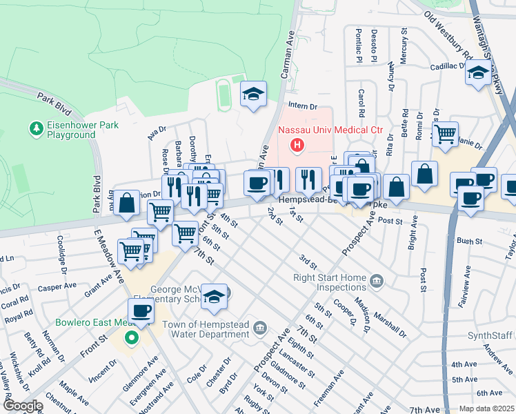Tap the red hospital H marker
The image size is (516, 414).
coord(297,145)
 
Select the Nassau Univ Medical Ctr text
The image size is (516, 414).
coord(330,130)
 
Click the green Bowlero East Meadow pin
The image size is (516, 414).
coord(130,338)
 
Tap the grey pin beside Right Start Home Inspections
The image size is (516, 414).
coord(376,280)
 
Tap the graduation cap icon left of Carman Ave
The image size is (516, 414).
coord(253,95)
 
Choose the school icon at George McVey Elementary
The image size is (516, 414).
coord(215,296)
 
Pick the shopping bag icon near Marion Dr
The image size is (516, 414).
coord(126,204)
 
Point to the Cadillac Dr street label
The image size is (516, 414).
coord(449,66)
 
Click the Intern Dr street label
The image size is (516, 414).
coord(303,106)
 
